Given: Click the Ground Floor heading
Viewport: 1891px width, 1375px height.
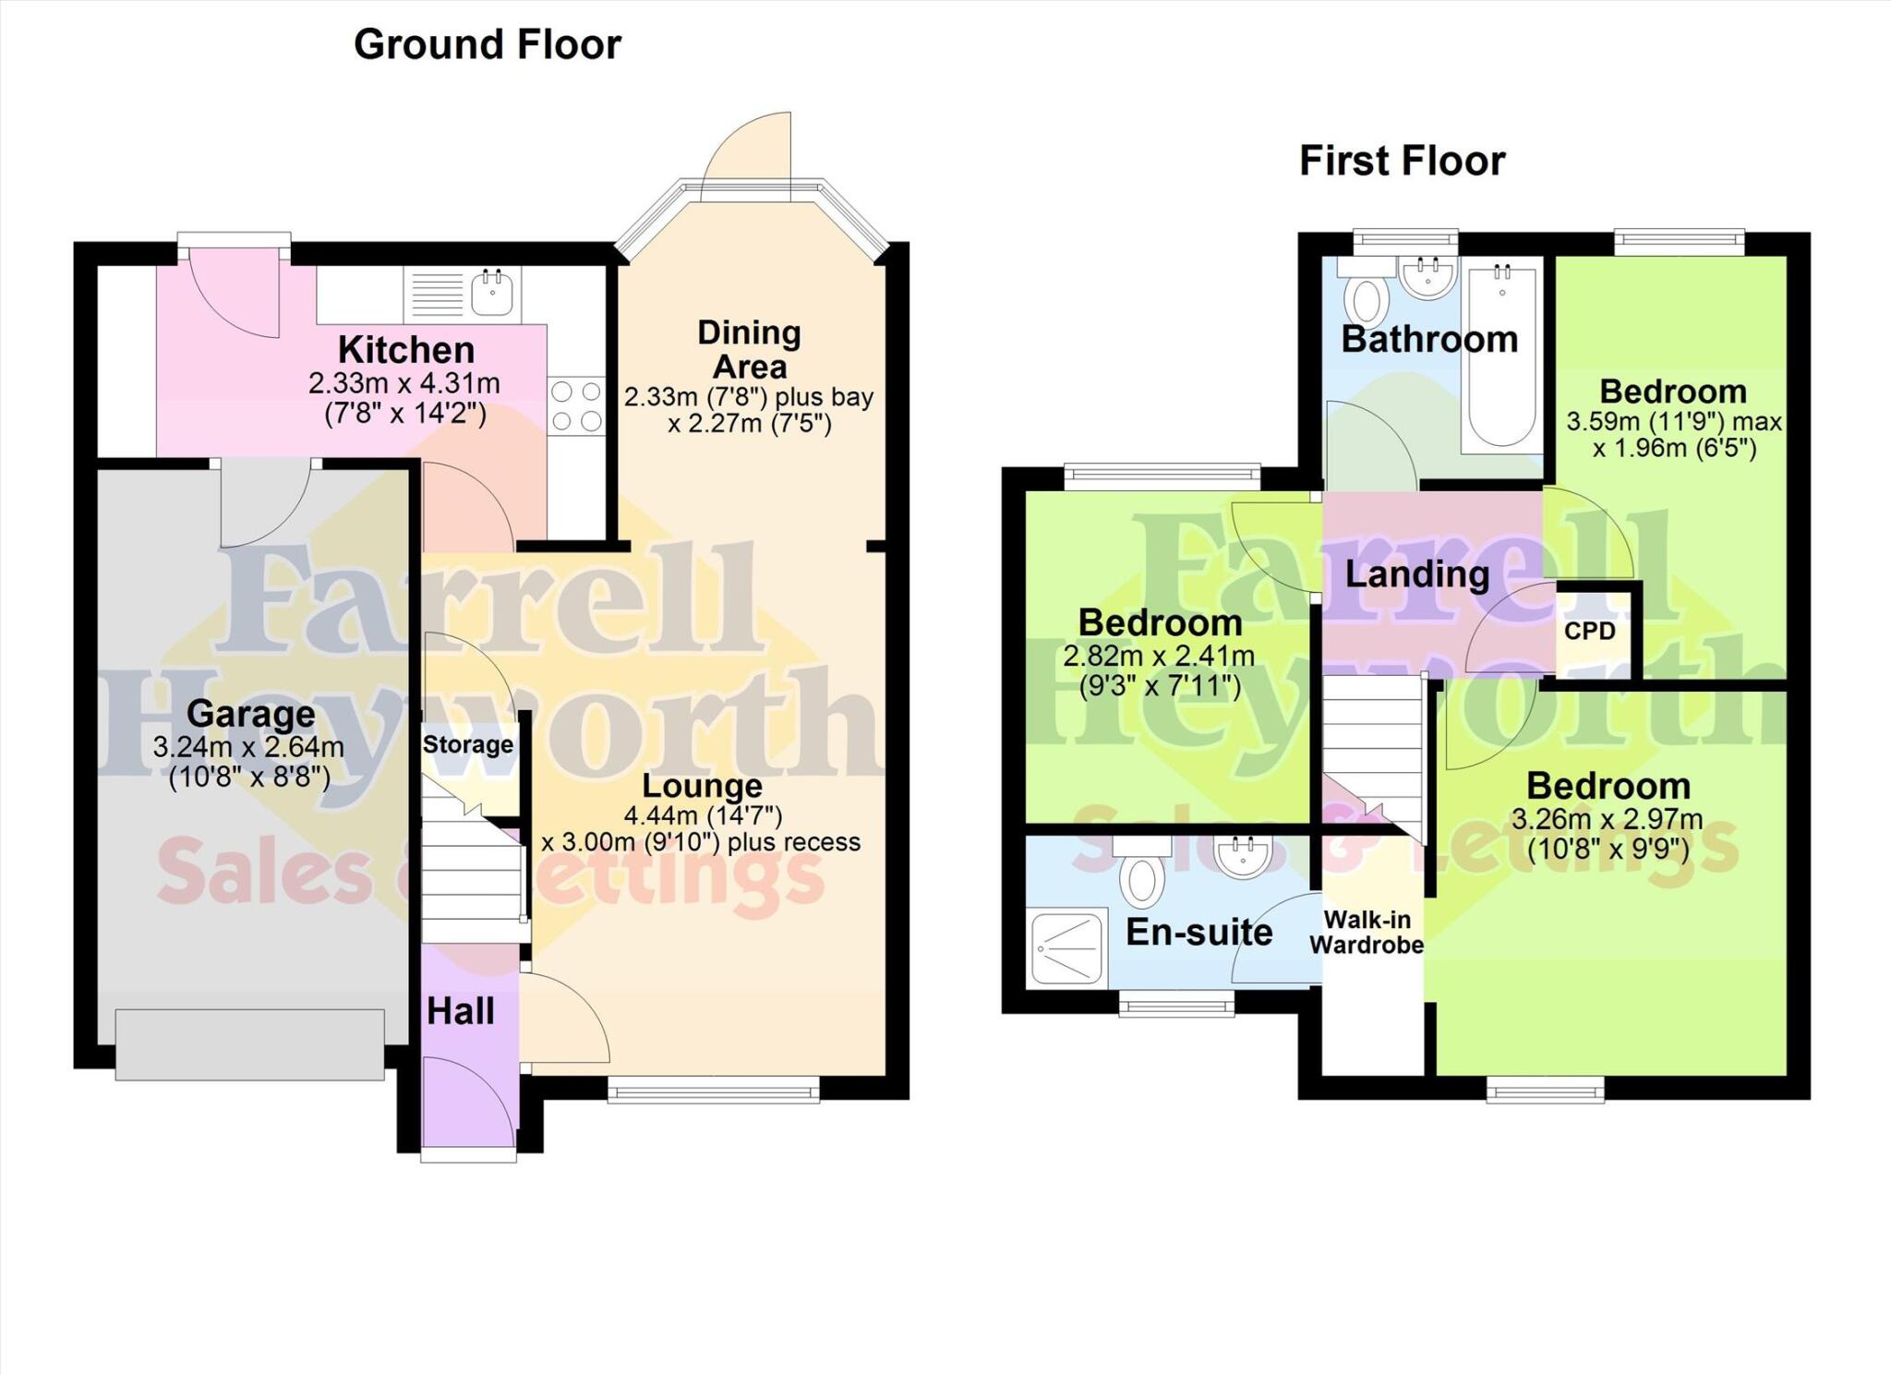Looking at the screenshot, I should click(488, 44).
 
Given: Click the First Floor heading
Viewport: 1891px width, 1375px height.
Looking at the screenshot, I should click(1402, 161).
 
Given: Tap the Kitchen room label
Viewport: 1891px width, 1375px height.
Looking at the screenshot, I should click(406, 350).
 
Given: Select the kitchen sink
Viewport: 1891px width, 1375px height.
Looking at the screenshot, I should click(492, 293).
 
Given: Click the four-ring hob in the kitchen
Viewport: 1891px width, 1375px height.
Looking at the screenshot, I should click(576, 406).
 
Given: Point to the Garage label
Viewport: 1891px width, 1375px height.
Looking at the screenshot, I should click(250, 714).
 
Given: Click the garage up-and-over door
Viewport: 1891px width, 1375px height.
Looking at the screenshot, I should click(249, 1044).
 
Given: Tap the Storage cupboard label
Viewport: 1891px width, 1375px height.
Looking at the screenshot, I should click(468, 744).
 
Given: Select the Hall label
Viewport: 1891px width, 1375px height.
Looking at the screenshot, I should click(460, 1011).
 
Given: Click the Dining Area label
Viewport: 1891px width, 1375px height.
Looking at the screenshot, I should click(749, 349).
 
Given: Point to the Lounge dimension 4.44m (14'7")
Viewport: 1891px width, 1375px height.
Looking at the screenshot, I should click(704, 815).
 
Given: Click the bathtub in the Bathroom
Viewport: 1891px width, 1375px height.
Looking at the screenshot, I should click(1501, 356).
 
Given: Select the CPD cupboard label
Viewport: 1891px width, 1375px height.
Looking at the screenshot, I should click(1589, 631).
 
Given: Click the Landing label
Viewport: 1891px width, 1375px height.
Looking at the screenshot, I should click(1417, 574).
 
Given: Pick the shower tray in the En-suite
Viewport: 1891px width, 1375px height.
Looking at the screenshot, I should click(1067, 947).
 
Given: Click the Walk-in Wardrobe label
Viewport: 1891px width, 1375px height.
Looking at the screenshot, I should click(1367, 932).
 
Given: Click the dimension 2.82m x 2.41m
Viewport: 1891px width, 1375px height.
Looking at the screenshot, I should click(1159, 657).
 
